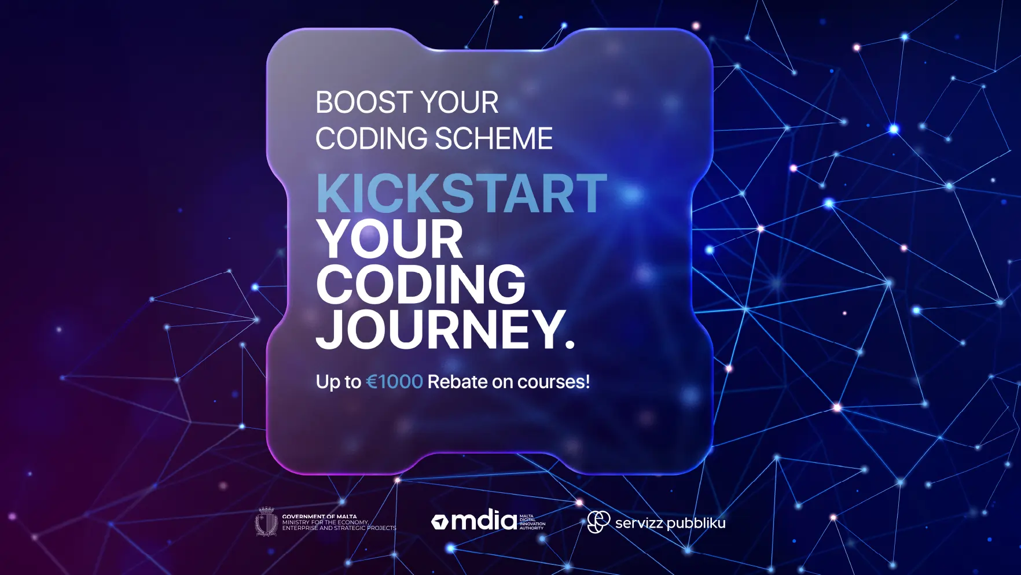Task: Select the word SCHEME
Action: click(x=494, y=139)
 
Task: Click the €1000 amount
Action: click(x=395, y=382)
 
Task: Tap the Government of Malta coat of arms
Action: click(x=266, y=522)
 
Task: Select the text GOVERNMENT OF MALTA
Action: click(x=319, y=517)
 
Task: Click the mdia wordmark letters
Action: click(x=484, y=521)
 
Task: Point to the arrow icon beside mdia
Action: click(x=440, y=522)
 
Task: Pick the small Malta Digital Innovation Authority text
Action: click(x=532, y=522)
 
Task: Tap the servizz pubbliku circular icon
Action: click(x=598, y=522)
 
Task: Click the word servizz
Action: click(x=638, y=524)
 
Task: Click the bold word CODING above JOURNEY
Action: click(x=421, y=284)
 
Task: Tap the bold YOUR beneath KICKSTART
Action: click(x=390, y=239)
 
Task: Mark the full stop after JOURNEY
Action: click(x=569, y=344)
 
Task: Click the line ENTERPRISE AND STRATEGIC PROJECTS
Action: click(x=339, y=528)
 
